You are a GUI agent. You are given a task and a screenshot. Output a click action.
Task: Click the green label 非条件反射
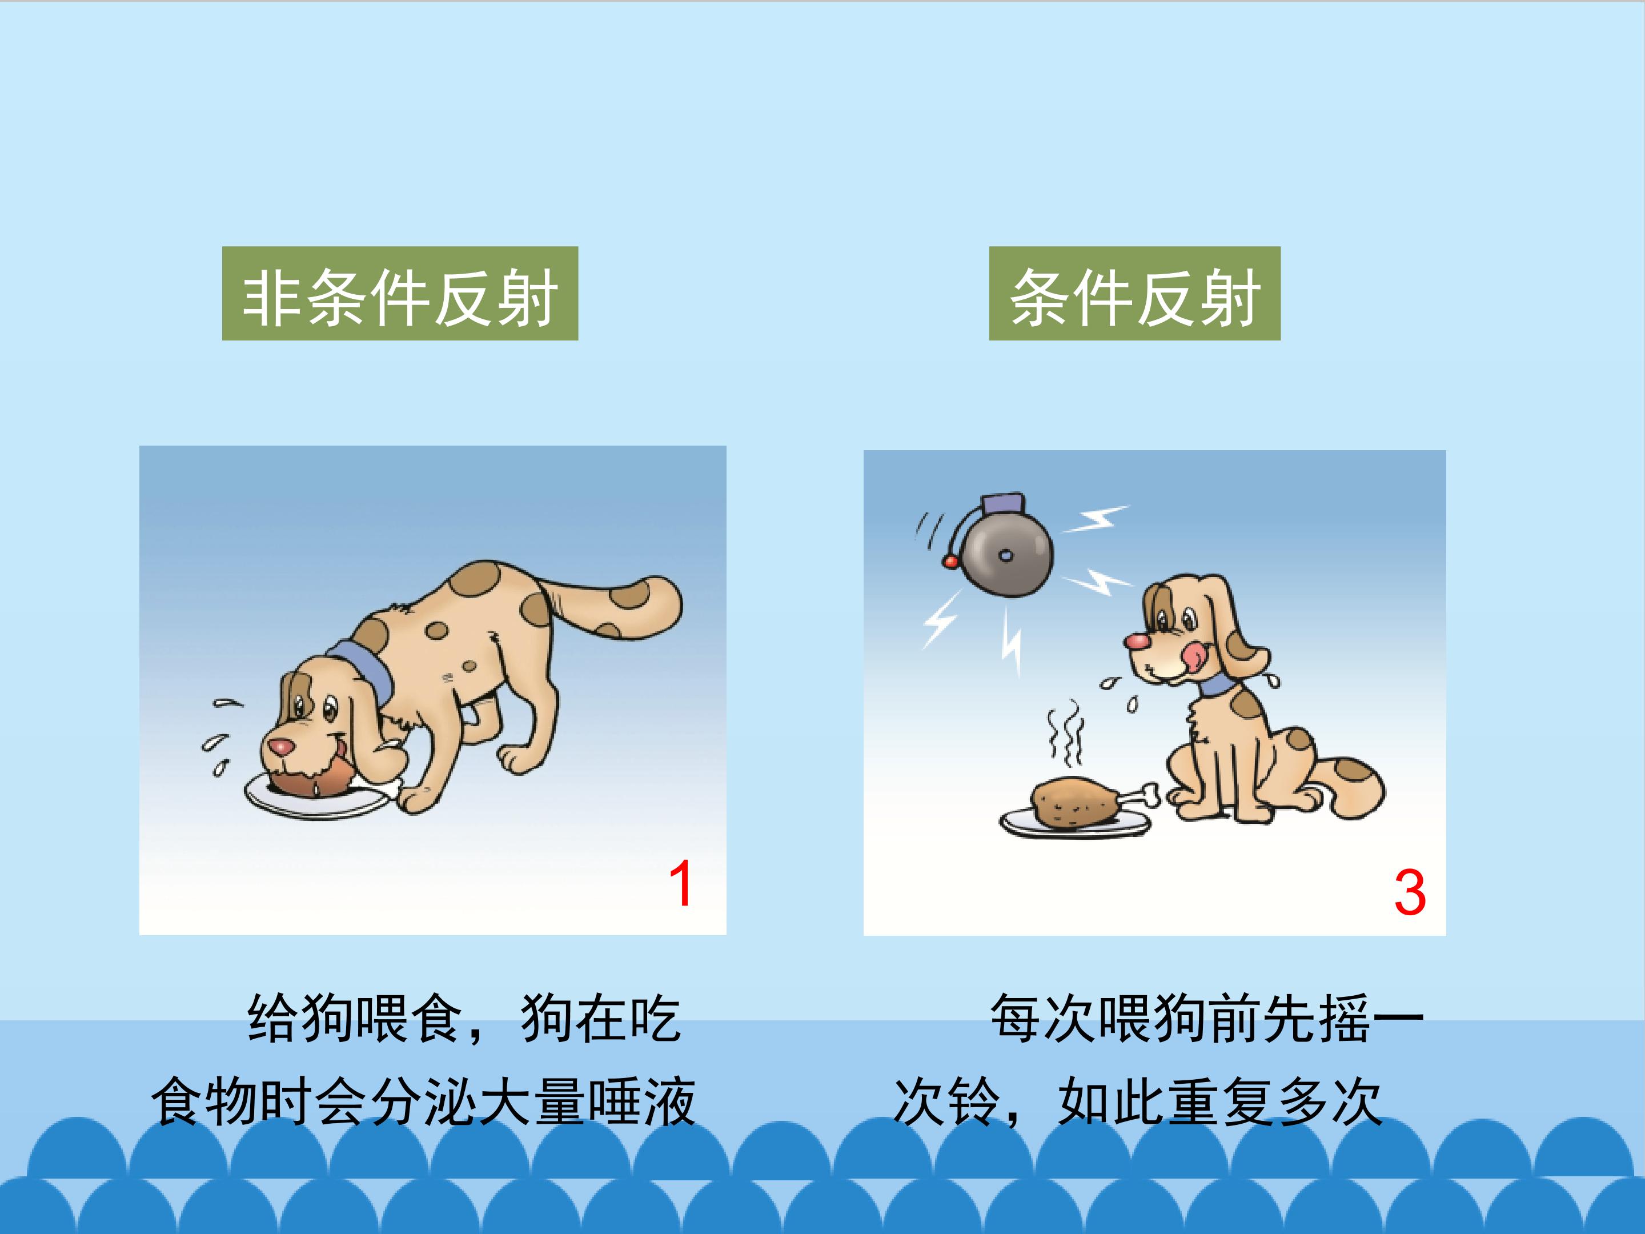[400, 293]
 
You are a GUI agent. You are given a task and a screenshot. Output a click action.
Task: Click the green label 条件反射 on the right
[1134, 293]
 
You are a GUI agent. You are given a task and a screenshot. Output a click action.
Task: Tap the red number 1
[680, 884]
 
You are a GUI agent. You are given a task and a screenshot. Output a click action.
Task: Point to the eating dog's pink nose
[280, 746]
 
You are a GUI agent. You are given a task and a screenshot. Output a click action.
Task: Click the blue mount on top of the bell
[1003, 504]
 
